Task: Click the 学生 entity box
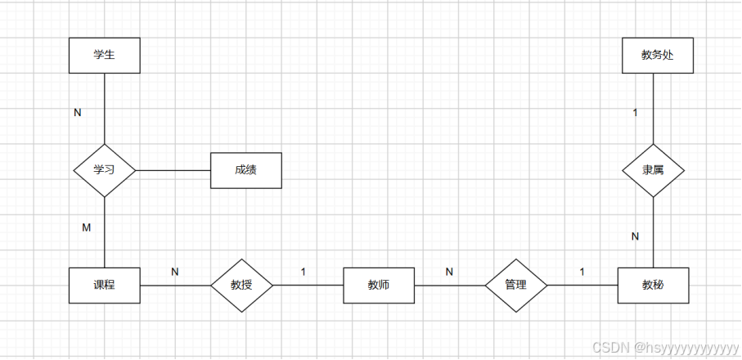104,56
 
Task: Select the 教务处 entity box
657,56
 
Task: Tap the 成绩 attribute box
245,170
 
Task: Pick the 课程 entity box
104,285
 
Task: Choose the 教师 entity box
378,285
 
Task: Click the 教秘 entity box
653,285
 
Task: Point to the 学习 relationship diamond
104,170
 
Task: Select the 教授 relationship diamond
241,285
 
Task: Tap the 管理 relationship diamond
515,285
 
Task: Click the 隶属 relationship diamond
653,170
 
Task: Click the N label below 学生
78,113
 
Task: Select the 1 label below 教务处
635,113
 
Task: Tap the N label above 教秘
634,236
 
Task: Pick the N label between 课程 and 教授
174,271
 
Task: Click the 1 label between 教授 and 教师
303,271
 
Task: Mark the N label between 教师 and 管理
448,271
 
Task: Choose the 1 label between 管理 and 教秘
582,271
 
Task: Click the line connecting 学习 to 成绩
173,170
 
